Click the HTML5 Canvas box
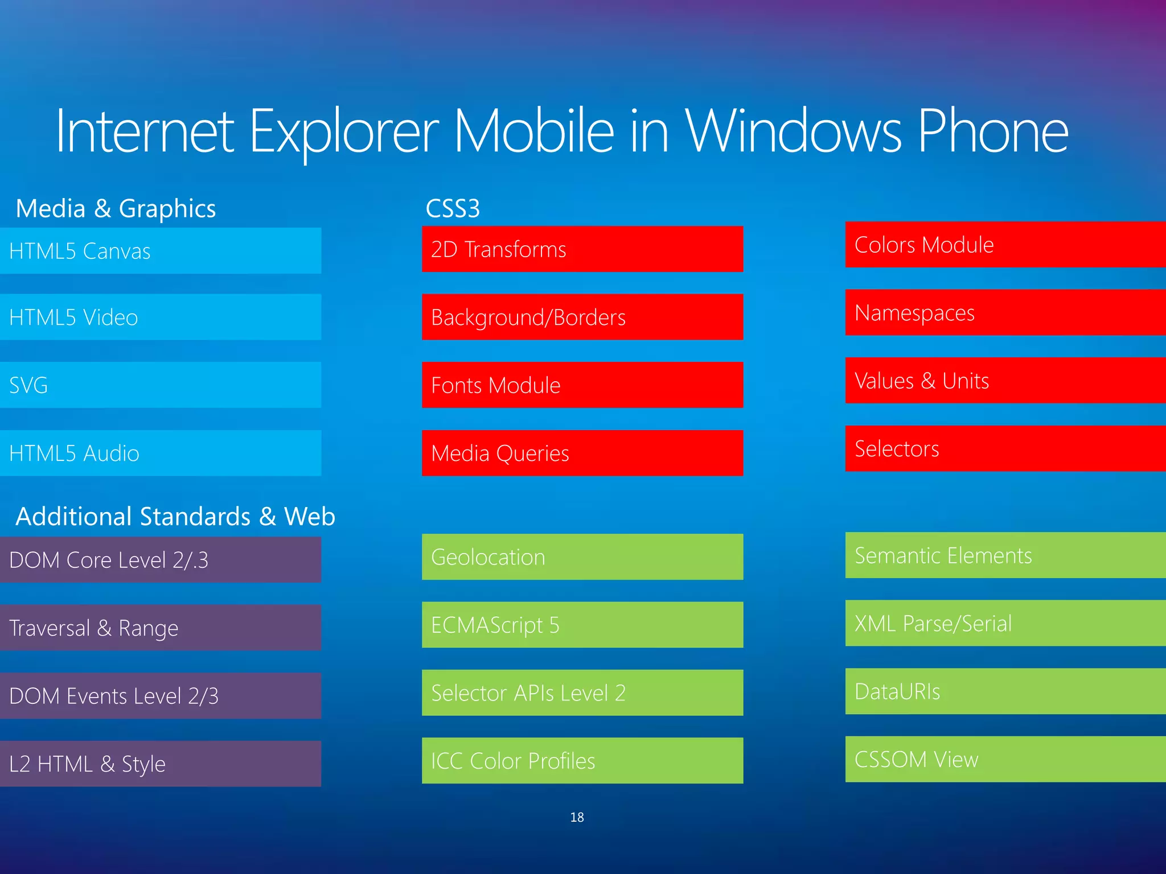[x=161, y=251]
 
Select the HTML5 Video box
[x=161, y=317]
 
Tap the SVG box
[x=161, y=385]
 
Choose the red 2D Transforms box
[x=582, y=249]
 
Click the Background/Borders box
[x=582, y=317]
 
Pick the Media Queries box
[x=582, y=453]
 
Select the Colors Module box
[x=1005, y=245]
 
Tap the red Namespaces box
[x=1005, y=312]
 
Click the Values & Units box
[x=1005, y=381]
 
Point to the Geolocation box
[x=582, y=557]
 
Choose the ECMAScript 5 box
[x=582, y=625]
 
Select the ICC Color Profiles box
[x=582, y=761]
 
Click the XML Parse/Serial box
[x=1005, y=623]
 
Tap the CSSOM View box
[x=1005, y=759]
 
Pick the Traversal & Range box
[x=161, y=628]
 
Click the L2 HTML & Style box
[x=161, y=764]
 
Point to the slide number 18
[x=577, y=817]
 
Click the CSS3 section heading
[x=453, y=208]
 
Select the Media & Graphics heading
[x=116, y=208]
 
